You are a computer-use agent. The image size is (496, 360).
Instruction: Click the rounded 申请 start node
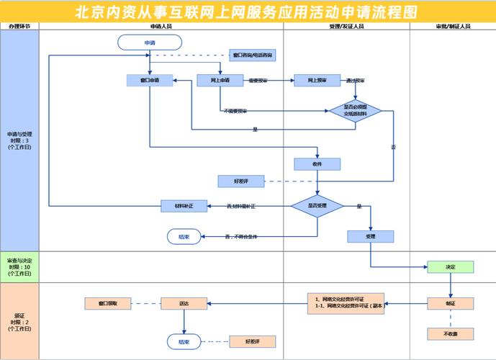pyautogui.click(x=150, y=42)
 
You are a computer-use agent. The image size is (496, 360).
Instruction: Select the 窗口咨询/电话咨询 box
pyautogui.click(x=252, y=55)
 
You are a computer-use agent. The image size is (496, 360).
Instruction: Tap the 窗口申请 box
pyautogui.click(x=149, y=80)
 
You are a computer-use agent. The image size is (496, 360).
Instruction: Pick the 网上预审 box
pyautogui.click(x=317, y=80)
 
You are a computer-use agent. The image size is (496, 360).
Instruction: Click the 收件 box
pyautogui.click(x=317, y=163)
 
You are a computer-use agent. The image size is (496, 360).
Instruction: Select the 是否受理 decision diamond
pyautogui.click(x=317, y=206)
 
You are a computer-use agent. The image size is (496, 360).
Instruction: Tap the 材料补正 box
pyautogui.click(x=184, y=206)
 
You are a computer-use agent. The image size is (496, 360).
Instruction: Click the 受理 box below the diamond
pyautogui.click(x=371, y=235)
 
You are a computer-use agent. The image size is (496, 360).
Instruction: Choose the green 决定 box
pyautogui.click(x=451, y=267)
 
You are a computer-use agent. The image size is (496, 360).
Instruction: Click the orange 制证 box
pyautogui.click(x=451, y=303)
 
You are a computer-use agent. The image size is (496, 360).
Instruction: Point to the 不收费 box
pyautogui.click(x=451, y=333)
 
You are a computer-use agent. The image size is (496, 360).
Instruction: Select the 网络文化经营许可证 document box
pyautogui.click(x=346, y=303)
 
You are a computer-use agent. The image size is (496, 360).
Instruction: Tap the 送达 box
pyautogui.click(x=184, y=303)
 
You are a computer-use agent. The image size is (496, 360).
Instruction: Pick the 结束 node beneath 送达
pyautogui.click(x=184, y=341)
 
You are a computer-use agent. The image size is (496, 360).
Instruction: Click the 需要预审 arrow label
pyautogui.click(x=258, y=81)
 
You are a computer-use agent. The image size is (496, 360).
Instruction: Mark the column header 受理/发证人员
pyautogui.click(x=346, y=26)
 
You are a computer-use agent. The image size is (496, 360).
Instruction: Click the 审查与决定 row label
pyautogui.click(x=19, y=267)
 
